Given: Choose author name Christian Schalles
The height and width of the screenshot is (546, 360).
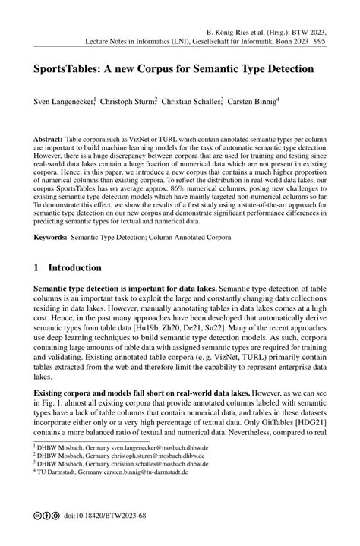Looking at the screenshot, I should coord(191,99).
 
